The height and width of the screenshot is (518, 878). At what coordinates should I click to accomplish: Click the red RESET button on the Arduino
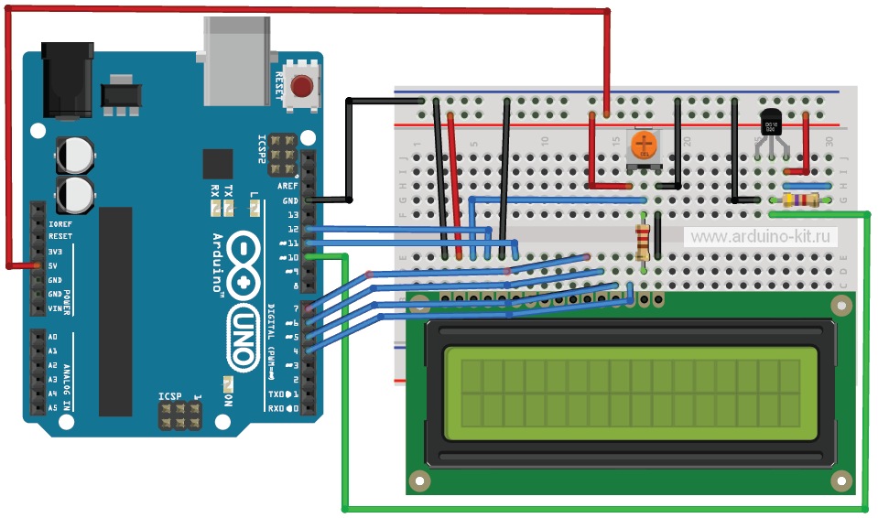click(x=300, y=88)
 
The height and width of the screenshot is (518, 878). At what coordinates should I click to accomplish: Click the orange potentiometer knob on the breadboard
click(x=645, y=144)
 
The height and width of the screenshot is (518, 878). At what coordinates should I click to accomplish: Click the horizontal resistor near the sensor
click(x=799, y=200)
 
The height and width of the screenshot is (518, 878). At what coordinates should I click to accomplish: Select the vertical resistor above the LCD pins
click(x=645, y=241)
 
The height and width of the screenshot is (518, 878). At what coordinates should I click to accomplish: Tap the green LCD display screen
click(x=623, y=391)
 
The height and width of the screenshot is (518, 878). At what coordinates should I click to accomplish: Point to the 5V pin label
click(x=55, y=265)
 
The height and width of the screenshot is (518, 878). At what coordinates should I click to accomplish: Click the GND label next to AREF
click(x=290, y=200)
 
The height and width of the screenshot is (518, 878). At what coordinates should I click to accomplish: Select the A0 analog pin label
click(x=53, y=337)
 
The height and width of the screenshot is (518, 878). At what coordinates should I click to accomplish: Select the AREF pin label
click(x=288, y=186)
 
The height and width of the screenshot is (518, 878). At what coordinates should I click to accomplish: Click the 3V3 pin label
click(x=55, y=251)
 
